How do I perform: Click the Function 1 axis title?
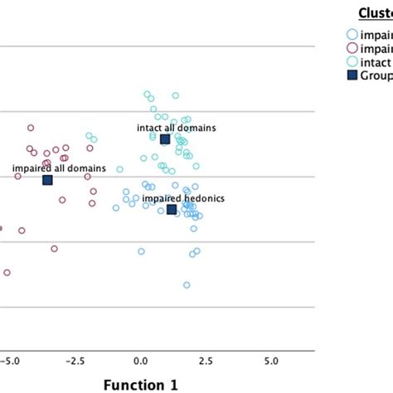[139, 384]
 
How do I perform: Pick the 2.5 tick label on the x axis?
[206, 361]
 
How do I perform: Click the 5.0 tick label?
[271, 361]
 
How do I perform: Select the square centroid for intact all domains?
[165, 139]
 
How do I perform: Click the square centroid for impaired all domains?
[47, 180]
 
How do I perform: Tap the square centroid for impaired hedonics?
[172, 210]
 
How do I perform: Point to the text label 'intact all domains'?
[177, 129]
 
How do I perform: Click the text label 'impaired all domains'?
[60, 168]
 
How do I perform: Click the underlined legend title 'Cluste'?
[375, 12]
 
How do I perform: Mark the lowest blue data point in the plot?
[187, 285]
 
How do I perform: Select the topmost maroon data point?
[31, 128]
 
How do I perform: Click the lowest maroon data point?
[7, 272]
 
